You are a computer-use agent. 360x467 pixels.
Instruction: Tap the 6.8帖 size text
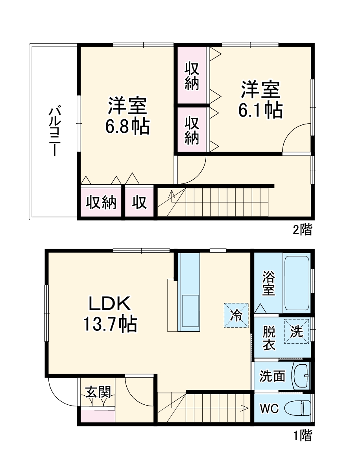[127, 127]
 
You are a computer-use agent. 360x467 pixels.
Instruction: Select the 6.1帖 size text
[260, 111]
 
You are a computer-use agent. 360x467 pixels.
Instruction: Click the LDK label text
[109, 304]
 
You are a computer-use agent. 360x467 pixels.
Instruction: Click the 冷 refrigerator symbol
[236, 315]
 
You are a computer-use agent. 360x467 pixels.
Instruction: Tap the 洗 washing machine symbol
[297, 331]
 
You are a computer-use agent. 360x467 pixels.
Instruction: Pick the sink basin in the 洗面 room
[301, 376]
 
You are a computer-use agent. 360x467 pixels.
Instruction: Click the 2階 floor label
[302, 229]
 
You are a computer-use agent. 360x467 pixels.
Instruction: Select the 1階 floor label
[302, 435]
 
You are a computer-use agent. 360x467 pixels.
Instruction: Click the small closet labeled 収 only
[139, 202]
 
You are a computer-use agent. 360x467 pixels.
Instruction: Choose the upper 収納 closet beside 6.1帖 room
[192, 76]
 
